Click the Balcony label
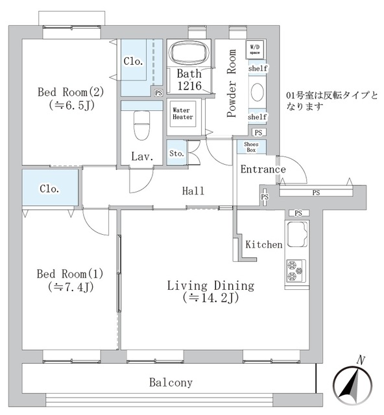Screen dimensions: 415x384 tap(171, 383)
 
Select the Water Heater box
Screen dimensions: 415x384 tap(181, 115)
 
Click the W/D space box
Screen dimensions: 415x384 tap(254, 49)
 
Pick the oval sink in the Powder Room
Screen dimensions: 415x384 tap(257, 92)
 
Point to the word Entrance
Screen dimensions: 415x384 tap(263, 170)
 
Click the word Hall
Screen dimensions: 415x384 tap(193, 191)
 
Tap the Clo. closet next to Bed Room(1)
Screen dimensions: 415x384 tap(50, 189)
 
